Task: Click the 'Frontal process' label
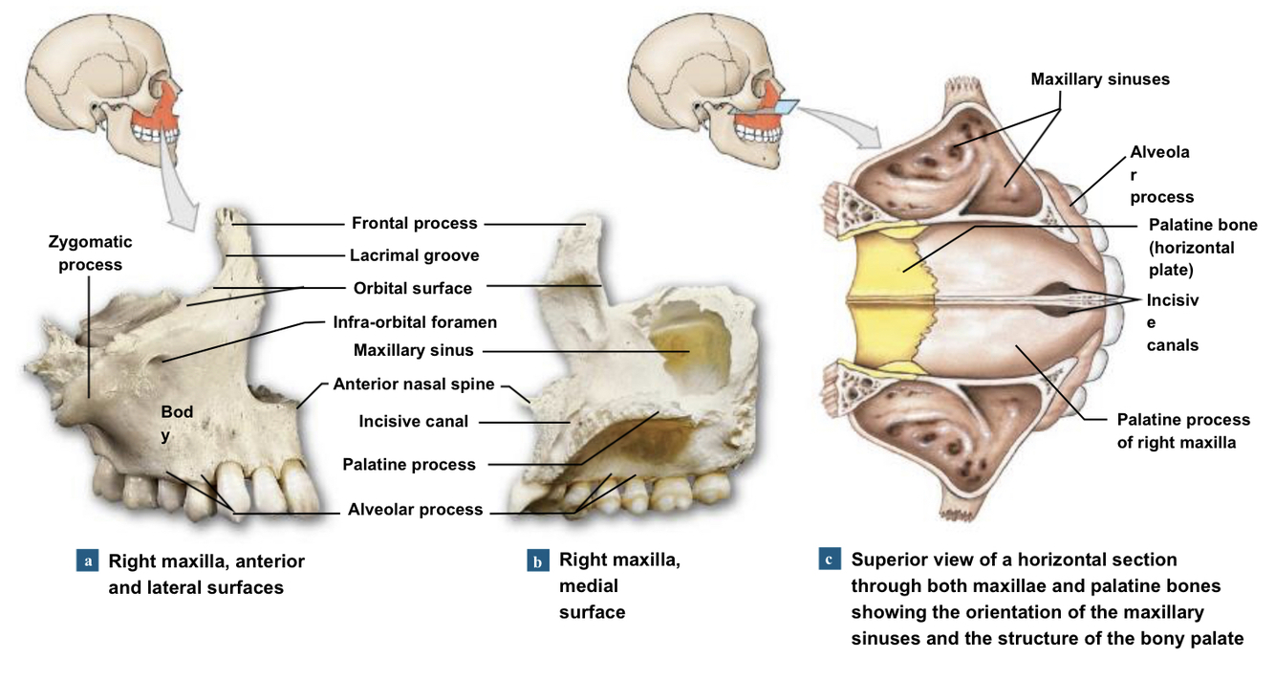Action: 414,224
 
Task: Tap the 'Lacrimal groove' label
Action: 414,255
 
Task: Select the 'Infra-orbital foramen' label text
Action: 415,322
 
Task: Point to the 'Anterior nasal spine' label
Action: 414,384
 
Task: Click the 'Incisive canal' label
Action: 414,421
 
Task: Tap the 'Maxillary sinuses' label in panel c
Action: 1099,79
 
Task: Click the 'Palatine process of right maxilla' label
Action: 1183,431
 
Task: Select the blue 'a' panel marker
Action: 87,560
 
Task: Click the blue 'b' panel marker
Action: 538,560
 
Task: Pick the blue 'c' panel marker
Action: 830,560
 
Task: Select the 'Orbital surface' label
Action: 412,288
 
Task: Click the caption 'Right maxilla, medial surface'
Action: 618,585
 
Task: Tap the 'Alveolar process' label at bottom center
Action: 415,510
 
